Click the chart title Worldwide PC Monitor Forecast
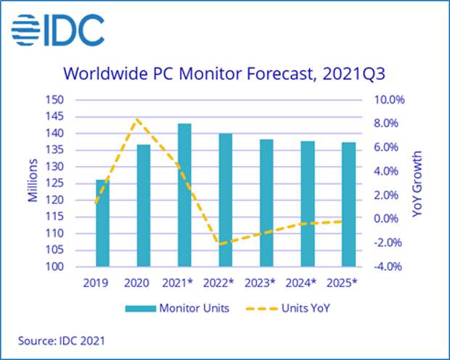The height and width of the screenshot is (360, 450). pyautogui.click(x=224, y=73)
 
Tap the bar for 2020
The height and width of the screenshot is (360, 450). pyautogui.click(x=144, y=206)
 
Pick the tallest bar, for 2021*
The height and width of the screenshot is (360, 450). pyautogui.click(x=184, y=195)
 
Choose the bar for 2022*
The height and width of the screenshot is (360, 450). pyautogui.click(x=226, y=200)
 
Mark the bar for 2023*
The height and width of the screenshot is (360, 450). pyautogui.click(x=266, y=203)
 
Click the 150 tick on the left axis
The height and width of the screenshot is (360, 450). pyautogui.click(x=75, y=100)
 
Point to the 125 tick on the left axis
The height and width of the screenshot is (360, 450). pyautogui.click(x=75, y=184)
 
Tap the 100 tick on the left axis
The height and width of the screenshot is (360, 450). pyautogui.click(x=75, y=267)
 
